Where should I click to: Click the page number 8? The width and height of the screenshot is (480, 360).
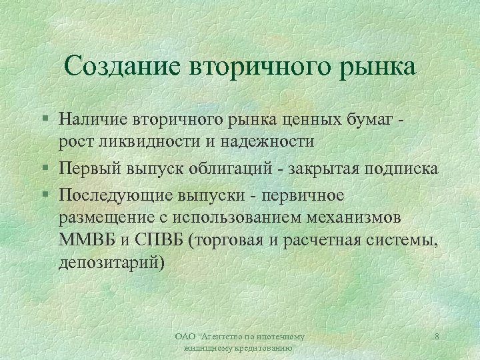point(436,337)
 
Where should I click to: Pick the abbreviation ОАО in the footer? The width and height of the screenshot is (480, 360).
point(183,337)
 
